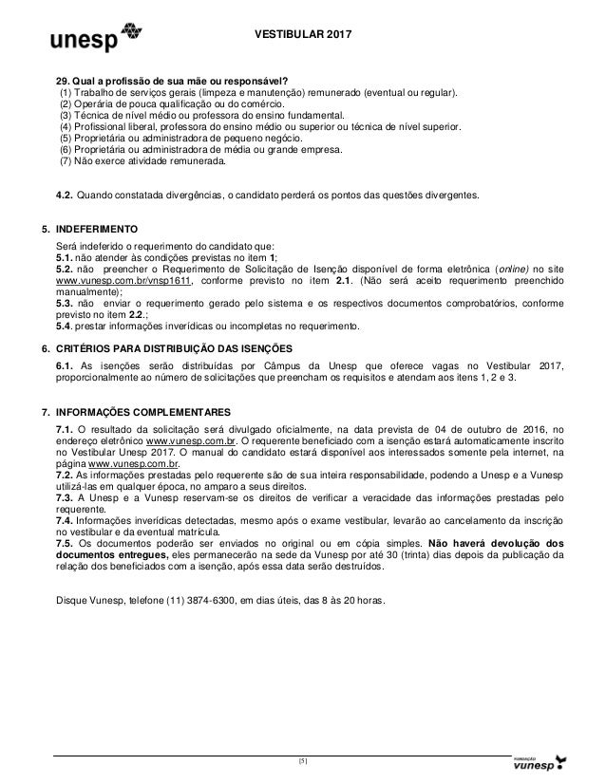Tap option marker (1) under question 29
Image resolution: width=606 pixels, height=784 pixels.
click(x=66, y=92)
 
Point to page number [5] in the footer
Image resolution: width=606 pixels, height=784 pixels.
click(x=302, y=759)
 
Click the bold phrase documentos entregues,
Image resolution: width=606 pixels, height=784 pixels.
click(x=110, y=553)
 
